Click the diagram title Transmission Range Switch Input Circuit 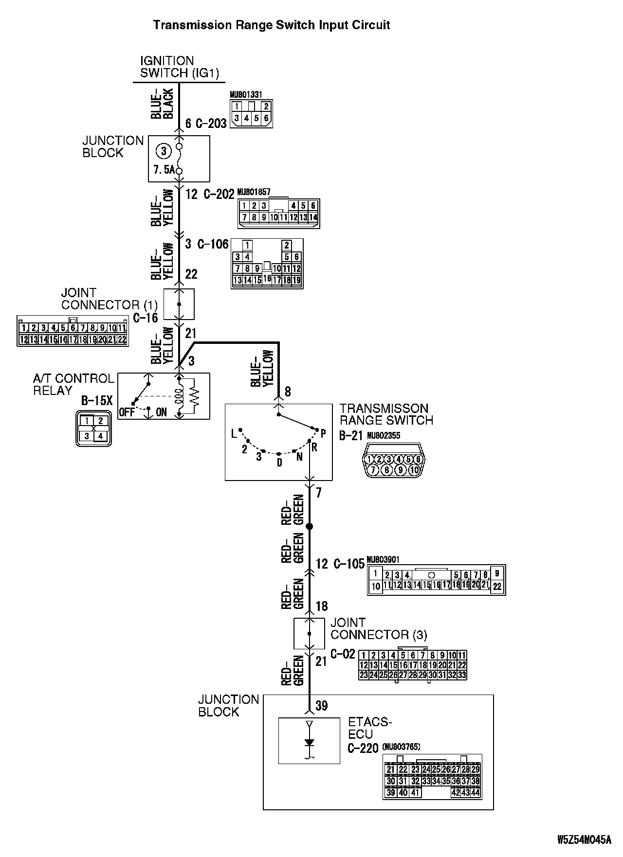click(x=272, y=25)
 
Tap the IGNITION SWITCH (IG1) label click(x=180, y=67)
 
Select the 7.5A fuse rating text click(x=164, y=171)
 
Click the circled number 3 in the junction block click(x=164, y=151)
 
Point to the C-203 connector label click(x=211, y=124)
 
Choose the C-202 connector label click(x=219, y=195)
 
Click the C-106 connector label click(x=213, y=244)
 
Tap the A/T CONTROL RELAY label click(x=73, y=385)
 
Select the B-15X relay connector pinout click(x=93, y=428)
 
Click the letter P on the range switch click(x=323, y=433)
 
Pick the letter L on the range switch click(x=234, y=433)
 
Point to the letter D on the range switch click(x=279, y=463)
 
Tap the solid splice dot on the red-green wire click(x=309, y=527)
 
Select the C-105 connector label click(x=349, y=564)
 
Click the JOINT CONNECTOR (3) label click(x=379, y=628)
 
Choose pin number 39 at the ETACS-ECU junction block click(x=321, y=706)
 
